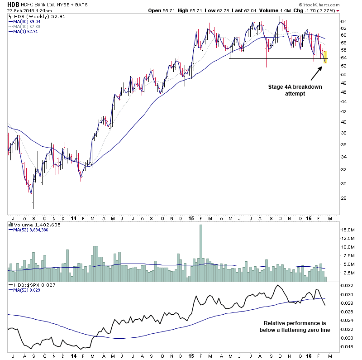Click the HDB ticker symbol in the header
click(14, 4)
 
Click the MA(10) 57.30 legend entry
click(28, 26)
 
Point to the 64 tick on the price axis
click(343, 21)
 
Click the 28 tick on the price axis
click(343, 198)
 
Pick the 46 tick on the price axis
click(343, 92)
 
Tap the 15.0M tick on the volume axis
click(347, 230)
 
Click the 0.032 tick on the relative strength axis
click(346, 286)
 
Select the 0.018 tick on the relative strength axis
click(346, 347)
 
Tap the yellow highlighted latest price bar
click(325, 57)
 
